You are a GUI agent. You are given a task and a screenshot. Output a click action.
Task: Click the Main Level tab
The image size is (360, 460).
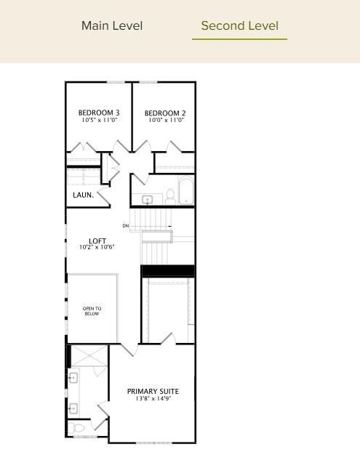coord(112,26)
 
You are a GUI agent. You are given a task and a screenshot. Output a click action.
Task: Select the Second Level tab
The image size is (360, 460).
coord(239,26)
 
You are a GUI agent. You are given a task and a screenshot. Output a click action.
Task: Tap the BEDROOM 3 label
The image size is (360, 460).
coord(99,113)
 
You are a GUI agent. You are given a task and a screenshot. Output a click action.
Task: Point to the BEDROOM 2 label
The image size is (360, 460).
coord(165,113)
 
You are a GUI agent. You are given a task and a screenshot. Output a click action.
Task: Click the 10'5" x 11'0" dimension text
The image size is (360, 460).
coord(99,120)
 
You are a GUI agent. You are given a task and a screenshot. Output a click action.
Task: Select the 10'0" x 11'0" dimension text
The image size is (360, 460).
coord(165,121)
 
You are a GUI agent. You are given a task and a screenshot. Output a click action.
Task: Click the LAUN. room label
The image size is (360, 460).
coord(83,195)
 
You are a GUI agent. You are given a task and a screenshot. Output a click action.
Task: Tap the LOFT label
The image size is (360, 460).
coord(97,241)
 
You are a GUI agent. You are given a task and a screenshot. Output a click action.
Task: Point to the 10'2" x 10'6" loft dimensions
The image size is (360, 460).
coord(97,248)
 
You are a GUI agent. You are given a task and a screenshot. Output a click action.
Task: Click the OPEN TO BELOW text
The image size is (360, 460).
coord(92,311)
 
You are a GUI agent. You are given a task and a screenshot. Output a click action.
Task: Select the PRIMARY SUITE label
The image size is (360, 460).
coord(153,392)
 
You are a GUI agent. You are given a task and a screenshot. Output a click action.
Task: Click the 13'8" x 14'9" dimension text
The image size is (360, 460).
coord(153,399)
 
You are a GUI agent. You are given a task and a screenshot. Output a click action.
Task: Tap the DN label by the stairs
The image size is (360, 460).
coord(126,226)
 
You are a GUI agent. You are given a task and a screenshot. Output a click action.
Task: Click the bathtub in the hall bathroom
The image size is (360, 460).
coord(185,191)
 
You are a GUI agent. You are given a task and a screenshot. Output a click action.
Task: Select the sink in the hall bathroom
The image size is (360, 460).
coord(147,199)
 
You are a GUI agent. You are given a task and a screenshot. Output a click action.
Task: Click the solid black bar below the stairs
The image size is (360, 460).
coord(167,271)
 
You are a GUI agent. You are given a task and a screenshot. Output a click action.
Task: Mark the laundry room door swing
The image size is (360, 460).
coord(103,195)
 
